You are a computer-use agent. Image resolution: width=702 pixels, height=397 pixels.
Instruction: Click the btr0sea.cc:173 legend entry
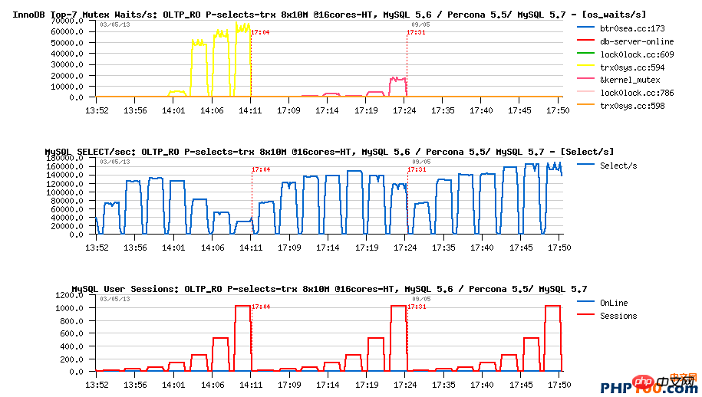626,28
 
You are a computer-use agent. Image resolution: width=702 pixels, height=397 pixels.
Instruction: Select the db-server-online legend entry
626,41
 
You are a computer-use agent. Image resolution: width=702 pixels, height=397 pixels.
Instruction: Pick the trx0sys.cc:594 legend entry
626,67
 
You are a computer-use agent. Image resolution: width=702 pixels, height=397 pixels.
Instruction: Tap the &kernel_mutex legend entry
625,80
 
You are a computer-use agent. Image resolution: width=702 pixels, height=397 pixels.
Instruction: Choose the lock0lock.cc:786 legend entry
626,93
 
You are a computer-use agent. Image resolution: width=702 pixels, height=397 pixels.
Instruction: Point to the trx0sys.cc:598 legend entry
626,106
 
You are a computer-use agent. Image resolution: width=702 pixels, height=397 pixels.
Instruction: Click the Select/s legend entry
618,166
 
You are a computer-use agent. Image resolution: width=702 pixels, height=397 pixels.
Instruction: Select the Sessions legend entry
618,316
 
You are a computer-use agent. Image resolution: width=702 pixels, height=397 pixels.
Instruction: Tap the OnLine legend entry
614,302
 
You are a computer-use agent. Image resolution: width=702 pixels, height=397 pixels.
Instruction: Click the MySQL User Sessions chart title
329,289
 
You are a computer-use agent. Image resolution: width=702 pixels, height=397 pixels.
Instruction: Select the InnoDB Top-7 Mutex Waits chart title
329,15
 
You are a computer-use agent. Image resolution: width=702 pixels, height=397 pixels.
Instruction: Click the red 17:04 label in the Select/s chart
261,169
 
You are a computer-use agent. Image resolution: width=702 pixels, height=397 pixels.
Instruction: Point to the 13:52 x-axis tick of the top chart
97,110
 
